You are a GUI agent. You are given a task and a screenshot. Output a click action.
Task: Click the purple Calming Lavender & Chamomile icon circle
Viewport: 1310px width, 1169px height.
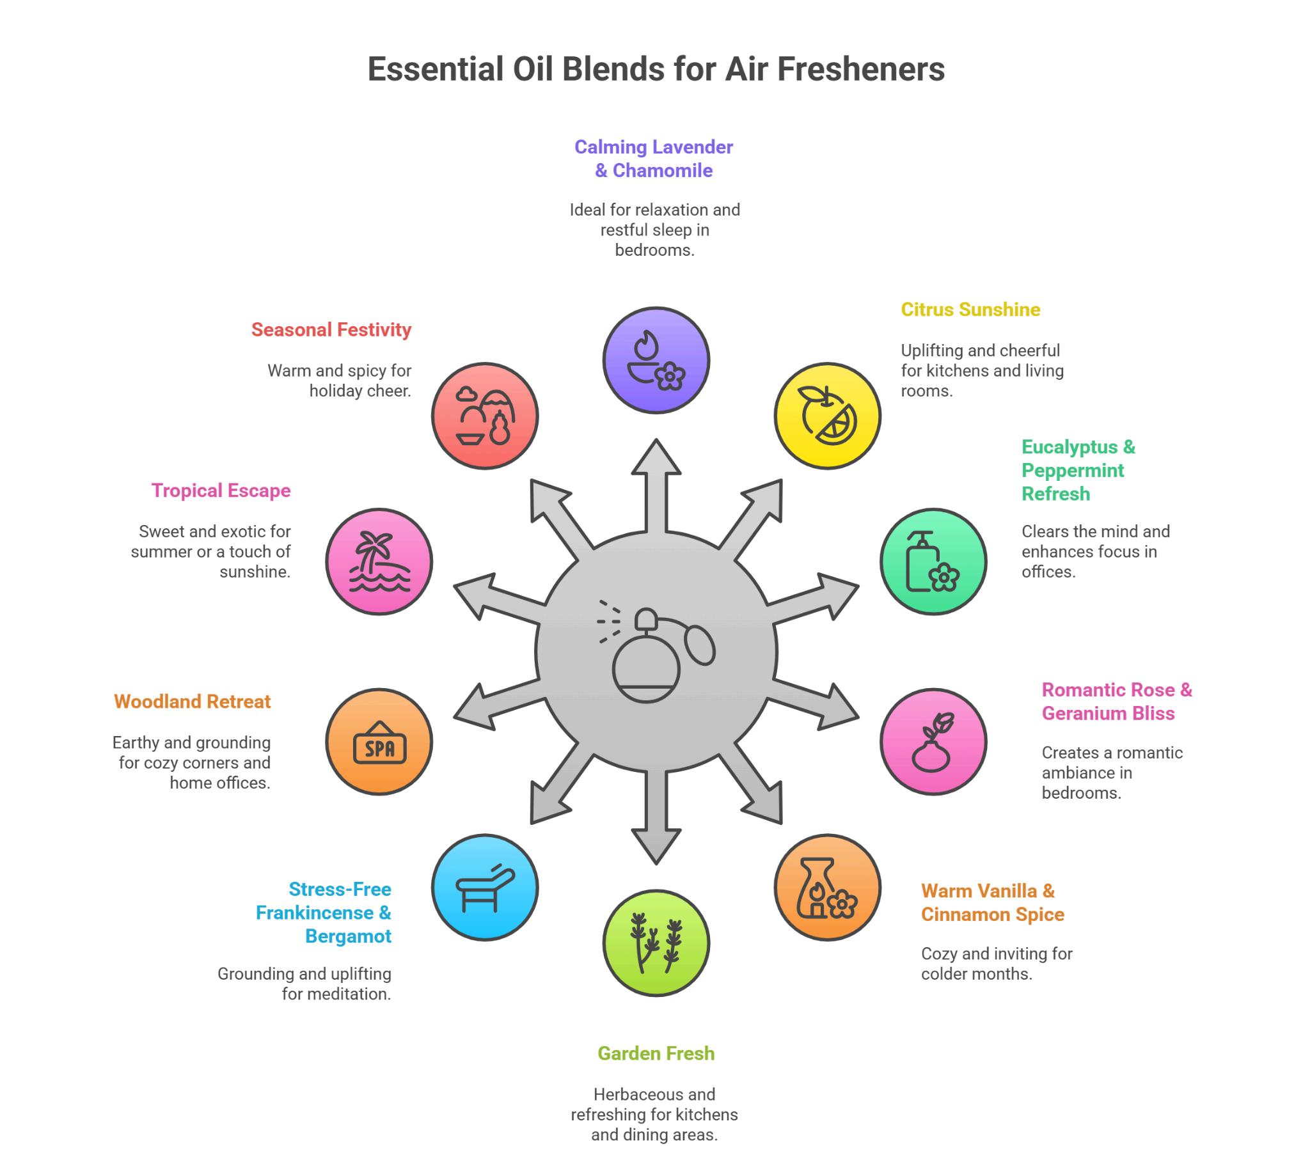(x=656, y=359)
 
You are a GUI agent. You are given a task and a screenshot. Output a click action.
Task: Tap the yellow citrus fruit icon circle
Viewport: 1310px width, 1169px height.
(x=827, y=416)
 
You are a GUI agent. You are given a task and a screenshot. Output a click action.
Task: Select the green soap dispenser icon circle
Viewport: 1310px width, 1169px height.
(x=933, y=561)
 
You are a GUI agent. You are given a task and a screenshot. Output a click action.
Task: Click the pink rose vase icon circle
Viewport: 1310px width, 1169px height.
(x=933, y=741)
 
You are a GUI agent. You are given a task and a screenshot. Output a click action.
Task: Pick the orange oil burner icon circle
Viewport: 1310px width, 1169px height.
(x=827, y=887)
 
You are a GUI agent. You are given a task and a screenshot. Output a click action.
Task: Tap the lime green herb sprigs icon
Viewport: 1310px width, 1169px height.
(x=656, y=942)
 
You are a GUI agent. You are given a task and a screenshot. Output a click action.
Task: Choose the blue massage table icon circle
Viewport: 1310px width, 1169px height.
(x=484, y=887)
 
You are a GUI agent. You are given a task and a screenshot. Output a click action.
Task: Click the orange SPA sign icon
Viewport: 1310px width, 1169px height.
(x=379, y=741)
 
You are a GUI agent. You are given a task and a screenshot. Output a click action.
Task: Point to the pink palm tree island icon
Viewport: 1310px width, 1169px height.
(x=379, y=561)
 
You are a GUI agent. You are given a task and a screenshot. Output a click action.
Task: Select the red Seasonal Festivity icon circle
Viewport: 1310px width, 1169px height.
(x=484, y=416)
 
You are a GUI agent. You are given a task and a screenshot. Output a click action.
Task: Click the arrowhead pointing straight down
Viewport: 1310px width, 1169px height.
(x=656, y=847)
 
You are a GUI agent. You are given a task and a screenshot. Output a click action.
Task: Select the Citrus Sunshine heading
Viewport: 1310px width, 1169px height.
(x=970, y=310)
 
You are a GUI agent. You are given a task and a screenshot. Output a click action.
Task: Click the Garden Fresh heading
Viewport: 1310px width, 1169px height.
(x=656, y=1053)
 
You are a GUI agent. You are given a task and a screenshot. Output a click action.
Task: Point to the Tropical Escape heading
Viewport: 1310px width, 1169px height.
(x=221, y=490)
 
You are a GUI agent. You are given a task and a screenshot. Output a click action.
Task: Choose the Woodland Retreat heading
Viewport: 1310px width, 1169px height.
(x=192, y=702)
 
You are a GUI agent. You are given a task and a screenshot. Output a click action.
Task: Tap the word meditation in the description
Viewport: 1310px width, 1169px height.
(x=335, y=994)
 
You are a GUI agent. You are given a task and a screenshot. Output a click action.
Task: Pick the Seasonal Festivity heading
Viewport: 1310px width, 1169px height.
(x=331, y=329)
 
